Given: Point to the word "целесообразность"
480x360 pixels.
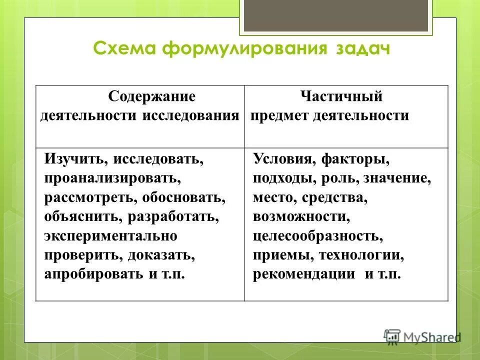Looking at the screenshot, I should coord(318,236).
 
